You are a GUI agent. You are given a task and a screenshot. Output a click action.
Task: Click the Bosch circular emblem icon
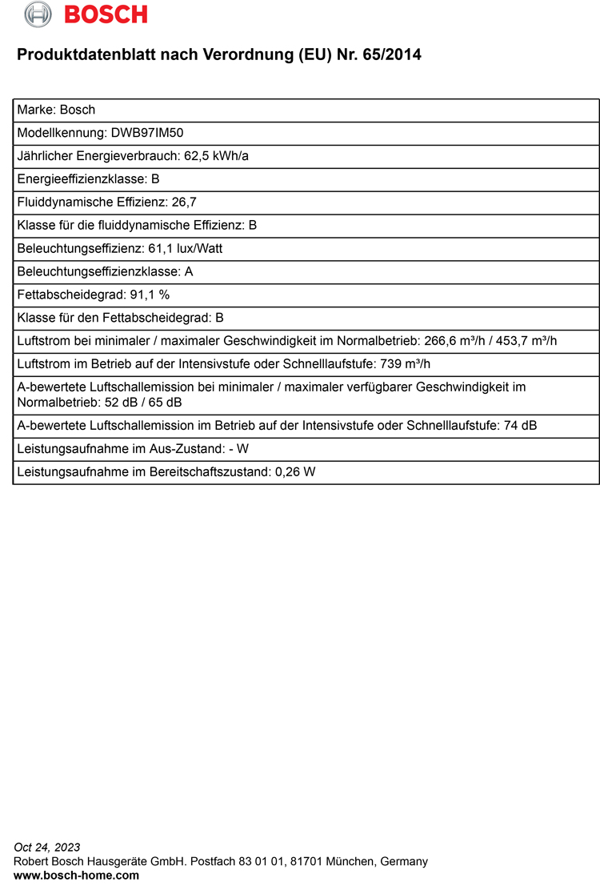38,14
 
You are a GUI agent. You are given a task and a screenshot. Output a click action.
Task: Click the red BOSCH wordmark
106,14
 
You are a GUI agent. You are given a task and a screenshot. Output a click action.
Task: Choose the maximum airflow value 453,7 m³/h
526,341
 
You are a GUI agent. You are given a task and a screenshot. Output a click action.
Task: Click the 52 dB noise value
119,403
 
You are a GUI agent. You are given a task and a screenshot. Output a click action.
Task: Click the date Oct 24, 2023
47,848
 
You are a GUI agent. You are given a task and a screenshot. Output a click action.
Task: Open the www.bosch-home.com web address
77,876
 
